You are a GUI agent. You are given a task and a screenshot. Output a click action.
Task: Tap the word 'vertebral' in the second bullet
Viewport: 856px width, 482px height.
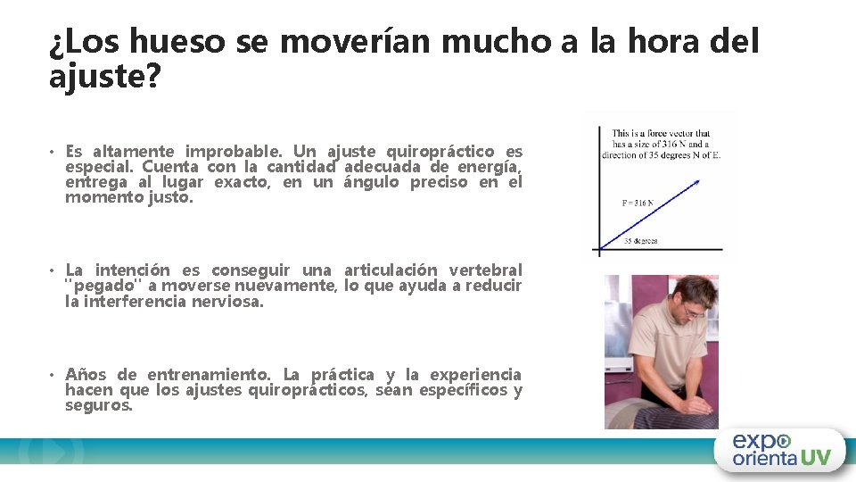tap(486, 270)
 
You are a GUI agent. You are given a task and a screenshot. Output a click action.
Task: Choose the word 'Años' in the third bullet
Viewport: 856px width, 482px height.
tap(86, 375)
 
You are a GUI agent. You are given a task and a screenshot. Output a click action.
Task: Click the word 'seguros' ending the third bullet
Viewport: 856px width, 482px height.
tap(98, 405)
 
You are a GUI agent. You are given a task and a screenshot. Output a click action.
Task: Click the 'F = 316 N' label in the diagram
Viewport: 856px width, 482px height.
tap(637, 203)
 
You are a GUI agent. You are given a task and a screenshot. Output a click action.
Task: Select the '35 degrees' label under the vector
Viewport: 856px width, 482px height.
tap(640, 241)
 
